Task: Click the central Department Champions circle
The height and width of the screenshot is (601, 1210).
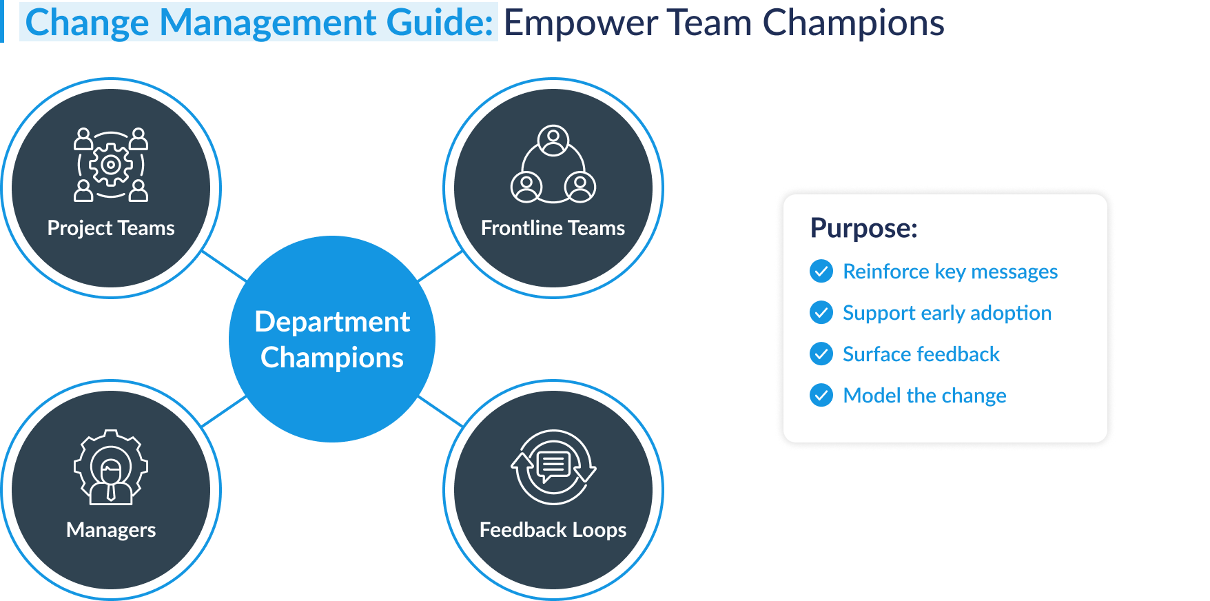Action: pos(331,339)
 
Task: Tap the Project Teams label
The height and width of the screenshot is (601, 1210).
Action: pos(111,228)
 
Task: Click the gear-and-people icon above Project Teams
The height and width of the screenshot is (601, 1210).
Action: pos(111,165)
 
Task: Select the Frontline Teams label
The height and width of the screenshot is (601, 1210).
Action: pos(553,228)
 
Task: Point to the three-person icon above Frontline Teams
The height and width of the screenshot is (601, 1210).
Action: pos(553,165)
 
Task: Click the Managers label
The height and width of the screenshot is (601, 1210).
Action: pos(111,530)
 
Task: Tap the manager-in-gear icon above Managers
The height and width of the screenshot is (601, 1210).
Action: pos(111,468)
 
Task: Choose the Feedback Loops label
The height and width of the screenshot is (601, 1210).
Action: pos(553,530)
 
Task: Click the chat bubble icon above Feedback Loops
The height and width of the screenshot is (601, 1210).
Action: pos(553,467)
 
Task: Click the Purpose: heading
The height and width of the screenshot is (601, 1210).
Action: pos(863,228)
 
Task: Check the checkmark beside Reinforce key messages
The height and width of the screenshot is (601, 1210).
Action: pos(821,272)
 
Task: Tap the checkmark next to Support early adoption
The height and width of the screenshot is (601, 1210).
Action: pos(821,313)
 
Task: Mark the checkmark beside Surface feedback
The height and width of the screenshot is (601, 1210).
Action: pos(821,354)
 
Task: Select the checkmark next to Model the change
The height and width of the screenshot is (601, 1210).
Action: pos(821,396)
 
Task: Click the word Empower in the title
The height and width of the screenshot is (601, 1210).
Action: pos(581,23)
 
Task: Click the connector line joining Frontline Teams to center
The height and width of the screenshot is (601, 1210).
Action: pos(440,266)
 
